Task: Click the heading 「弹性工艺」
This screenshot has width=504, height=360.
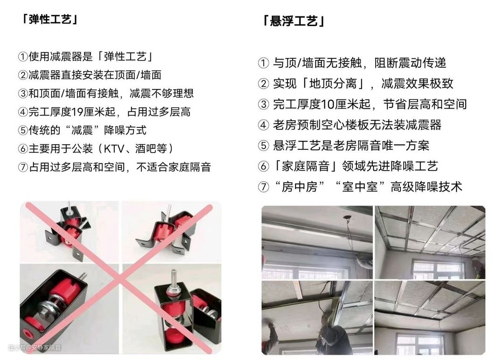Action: pos(49,20)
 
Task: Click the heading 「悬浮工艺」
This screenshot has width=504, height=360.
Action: pos(294,21)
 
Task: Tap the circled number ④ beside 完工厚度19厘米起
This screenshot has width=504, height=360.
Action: pos(23,112)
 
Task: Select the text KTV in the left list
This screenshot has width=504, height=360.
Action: pos(114,148)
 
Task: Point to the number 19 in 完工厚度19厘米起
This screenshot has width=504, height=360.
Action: pos(77,112)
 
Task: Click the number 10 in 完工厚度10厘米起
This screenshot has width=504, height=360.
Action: pos(329,104)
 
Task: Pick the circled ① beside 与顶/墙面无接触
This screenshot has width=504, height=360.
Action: pos(263,63)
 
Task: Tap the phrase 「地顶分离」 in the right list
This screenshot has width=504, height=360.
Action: pos(333,84)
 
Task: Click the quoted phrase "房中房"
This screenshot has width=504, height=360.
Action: pos(300,187)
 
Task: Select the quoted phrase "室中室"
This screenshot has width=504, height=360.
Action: pos(360,187)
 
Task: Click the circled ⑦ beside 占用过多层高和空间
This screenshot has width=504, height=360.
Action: pos(23,167)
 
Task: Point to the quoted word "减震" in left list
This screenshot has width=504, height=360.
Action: pos(82,130)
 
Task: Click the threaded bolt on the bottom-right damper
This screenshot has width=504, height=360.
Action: pos(174,279)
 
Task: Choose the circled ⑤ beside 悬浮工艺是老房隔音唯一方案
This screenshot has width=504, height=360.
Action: pos(263,146)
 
